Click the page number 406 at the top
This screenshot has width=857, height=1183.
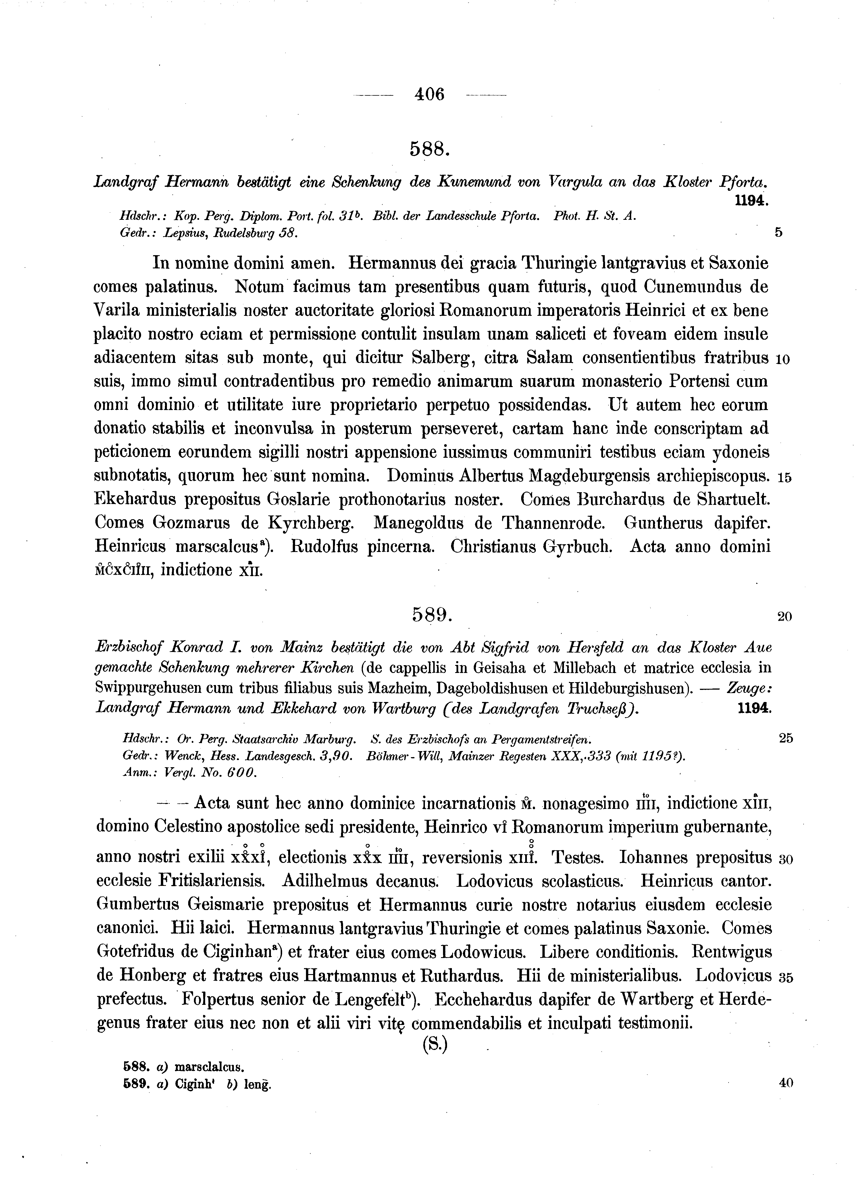click(x=429, y=95)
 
